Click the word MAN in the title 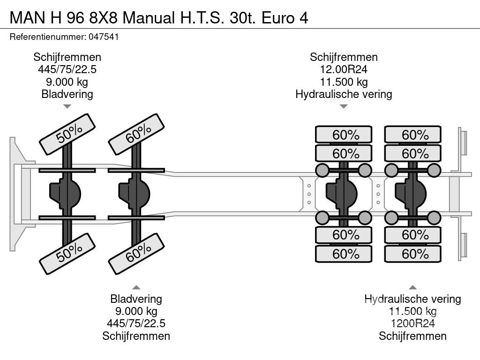pyautogui.click(x=27, y=18)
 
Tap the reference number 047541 pyautogui.click(x=104, y=37)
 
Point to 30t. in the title pyautogui.click(x=242, y=18)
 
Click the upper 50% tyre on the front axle pyautogui.click(x=67, y=135)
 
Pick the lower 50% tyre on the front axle pyautogui.click(x=67, y=254)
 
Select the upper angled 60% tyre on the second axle pyautogui.click(x=136, y=135)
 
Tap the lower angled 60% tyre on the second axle pyautogui.click(x=136, y=254)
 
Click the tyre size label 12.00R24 pyautogui.click(x=344, y=69)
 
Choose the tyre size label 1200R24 pyautogui.click(x=412, y=323)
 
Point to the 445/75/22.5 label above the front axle pyautogui.click(x=67, y=69)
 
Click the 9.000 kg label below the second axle pyautogui.click(x=136, y=311)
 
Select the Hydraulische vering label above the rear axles pyautogui.click(x=344, y=94)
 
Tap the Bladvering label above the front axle pyautogui.click(x=67, y=94)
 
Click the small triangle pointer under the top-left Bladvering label pyautogui.click(x=67, y=106)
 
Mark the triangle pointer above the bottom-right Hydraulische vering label pyautogui.click(x=412, y=287)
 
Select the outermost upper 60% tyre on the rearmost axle pyautogui.click(x=412, y=135)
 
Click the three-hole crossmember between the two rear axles pyautogui.click(x=378, y=194)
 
